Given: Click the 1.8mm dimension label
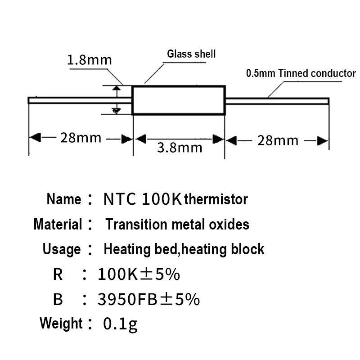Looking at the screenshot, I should click(89, 60).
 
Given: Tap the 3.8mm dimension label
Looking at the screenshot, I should click(180, 147).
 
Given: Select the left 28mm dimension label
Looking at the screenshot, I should click(81, 138).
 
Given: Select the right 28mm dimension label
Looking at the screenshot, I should click(278, 140).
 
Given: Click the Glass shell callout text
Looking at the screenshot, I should click(191, 54).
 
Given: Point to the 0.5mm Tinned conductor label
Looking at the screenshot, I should click(301, 73).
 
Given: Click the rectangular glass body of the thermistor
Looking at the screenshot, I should click(179, 101).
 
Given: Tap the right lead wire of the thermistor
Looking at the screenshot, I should click(277, 100).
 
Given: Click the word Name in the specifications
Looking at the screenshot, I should click(63, 199).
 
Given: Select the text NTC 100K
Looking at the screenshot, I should click(143, 199).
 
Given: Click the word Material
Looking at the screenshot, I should click(58, 224).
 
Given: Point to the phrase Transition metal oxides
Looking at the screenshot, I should click(177, 224).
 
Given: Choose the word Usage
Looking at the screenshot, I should click(62, 249).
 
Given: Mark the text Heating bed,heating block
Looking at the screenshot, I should click(184, 249).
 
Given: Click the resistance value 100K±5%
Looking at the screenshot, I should click(139, 274).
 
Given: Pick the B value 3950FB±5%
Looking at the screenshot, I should click(148, 299).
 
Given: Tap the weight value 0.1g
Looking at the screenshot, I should click(120, 324).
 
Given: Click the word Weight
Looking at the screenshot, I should click(61, 323).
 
